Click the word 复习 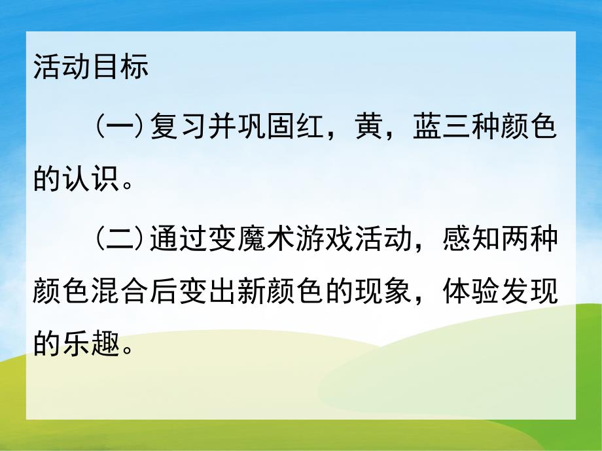pyautogui.click(x=179, y=125)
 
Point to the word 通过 pyautogui.click(x=179, y=239)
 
